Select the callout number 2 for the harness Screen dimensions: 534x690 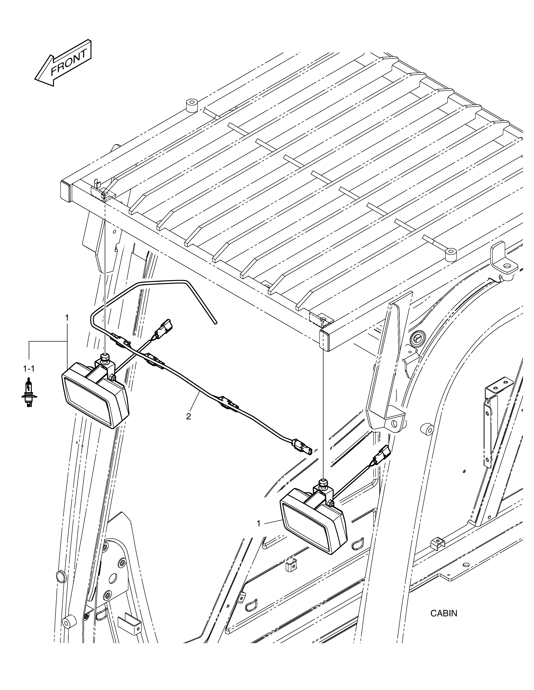189,417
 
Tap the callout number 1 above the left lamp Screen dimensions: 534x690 67,318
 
